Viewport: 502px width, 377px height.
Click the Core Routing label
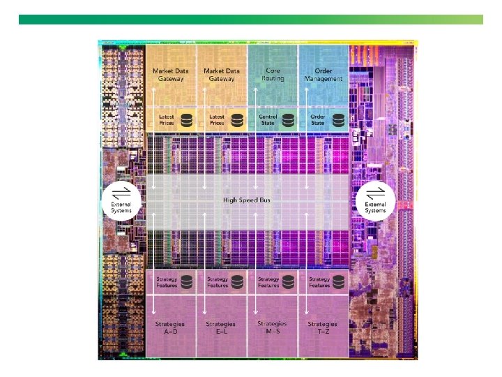[273, 75]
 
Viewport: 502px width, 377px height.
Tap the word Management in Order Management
[324, 79]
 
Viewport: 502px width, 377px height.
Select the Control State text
[268, 119]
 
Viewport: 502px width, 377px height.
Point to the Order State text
[318, 119]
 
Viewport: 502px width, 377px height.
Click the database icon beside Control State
[289, 119]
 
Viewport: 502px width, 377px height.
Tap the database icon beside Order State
[339, 119]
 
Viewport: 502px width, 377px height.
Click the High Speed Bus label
[247, 200]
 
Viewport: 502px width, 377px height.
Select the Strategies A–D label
[169, 327]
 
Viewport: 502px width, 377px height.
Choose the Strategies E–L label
[220, 327]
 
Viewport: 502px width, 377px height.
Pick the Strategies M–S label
[271, 327]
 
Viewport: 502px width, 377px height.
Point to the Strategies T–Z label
[323, 327]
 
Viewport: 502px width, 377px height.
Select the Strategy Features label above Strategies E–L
[217, 282]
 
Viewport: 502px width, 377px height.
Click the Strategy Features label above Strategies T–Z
[319, 282]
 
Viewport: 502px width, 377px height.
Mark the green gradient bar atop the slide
[250, 20]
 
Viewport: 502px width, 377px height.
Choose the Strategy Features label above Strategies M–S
[268, 282]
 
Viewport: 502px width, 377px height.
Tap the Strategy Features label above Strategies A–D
[167, 282]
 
